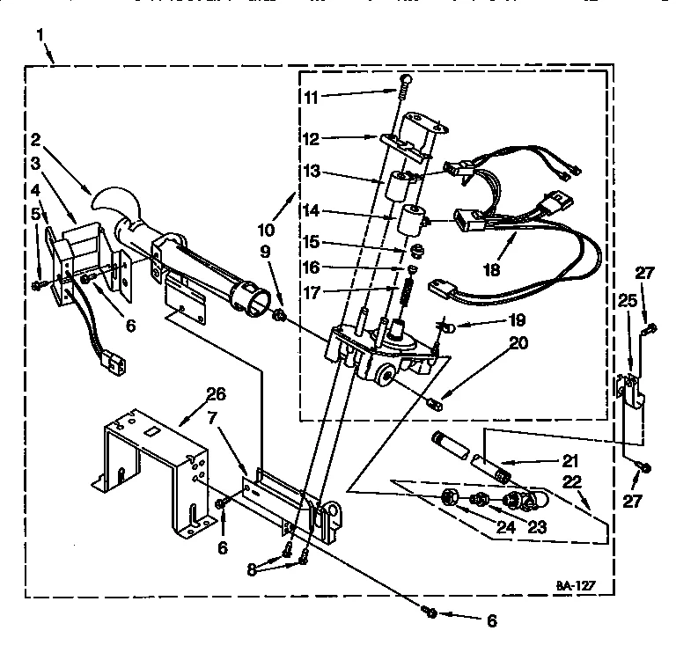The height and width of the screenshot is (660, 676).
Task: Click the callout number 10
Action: (265, 230)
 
